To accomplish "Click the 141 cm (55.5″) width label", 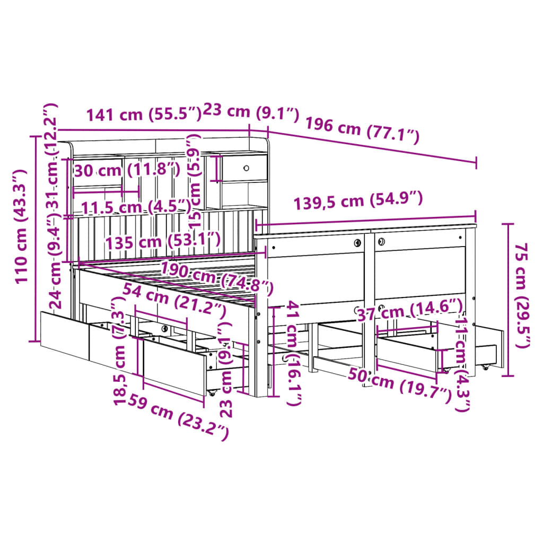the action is (143, 114).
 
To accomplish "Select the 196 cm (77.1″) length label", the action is (362, 130).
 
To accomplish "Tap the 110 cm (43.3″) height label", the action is (21, 226).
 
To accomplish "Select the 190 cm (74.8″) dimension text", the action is (217, 277).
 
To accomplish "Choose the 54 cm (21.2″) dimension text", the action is (174, 300).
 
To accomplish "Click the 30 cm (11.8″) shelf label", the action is (127, 170).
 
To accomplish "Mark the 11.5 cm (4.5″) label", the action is (136, 207).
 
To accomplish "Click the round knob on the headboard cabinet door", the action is (246, 168).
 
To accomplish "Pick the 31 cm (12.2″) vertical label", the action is (51, 155).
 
